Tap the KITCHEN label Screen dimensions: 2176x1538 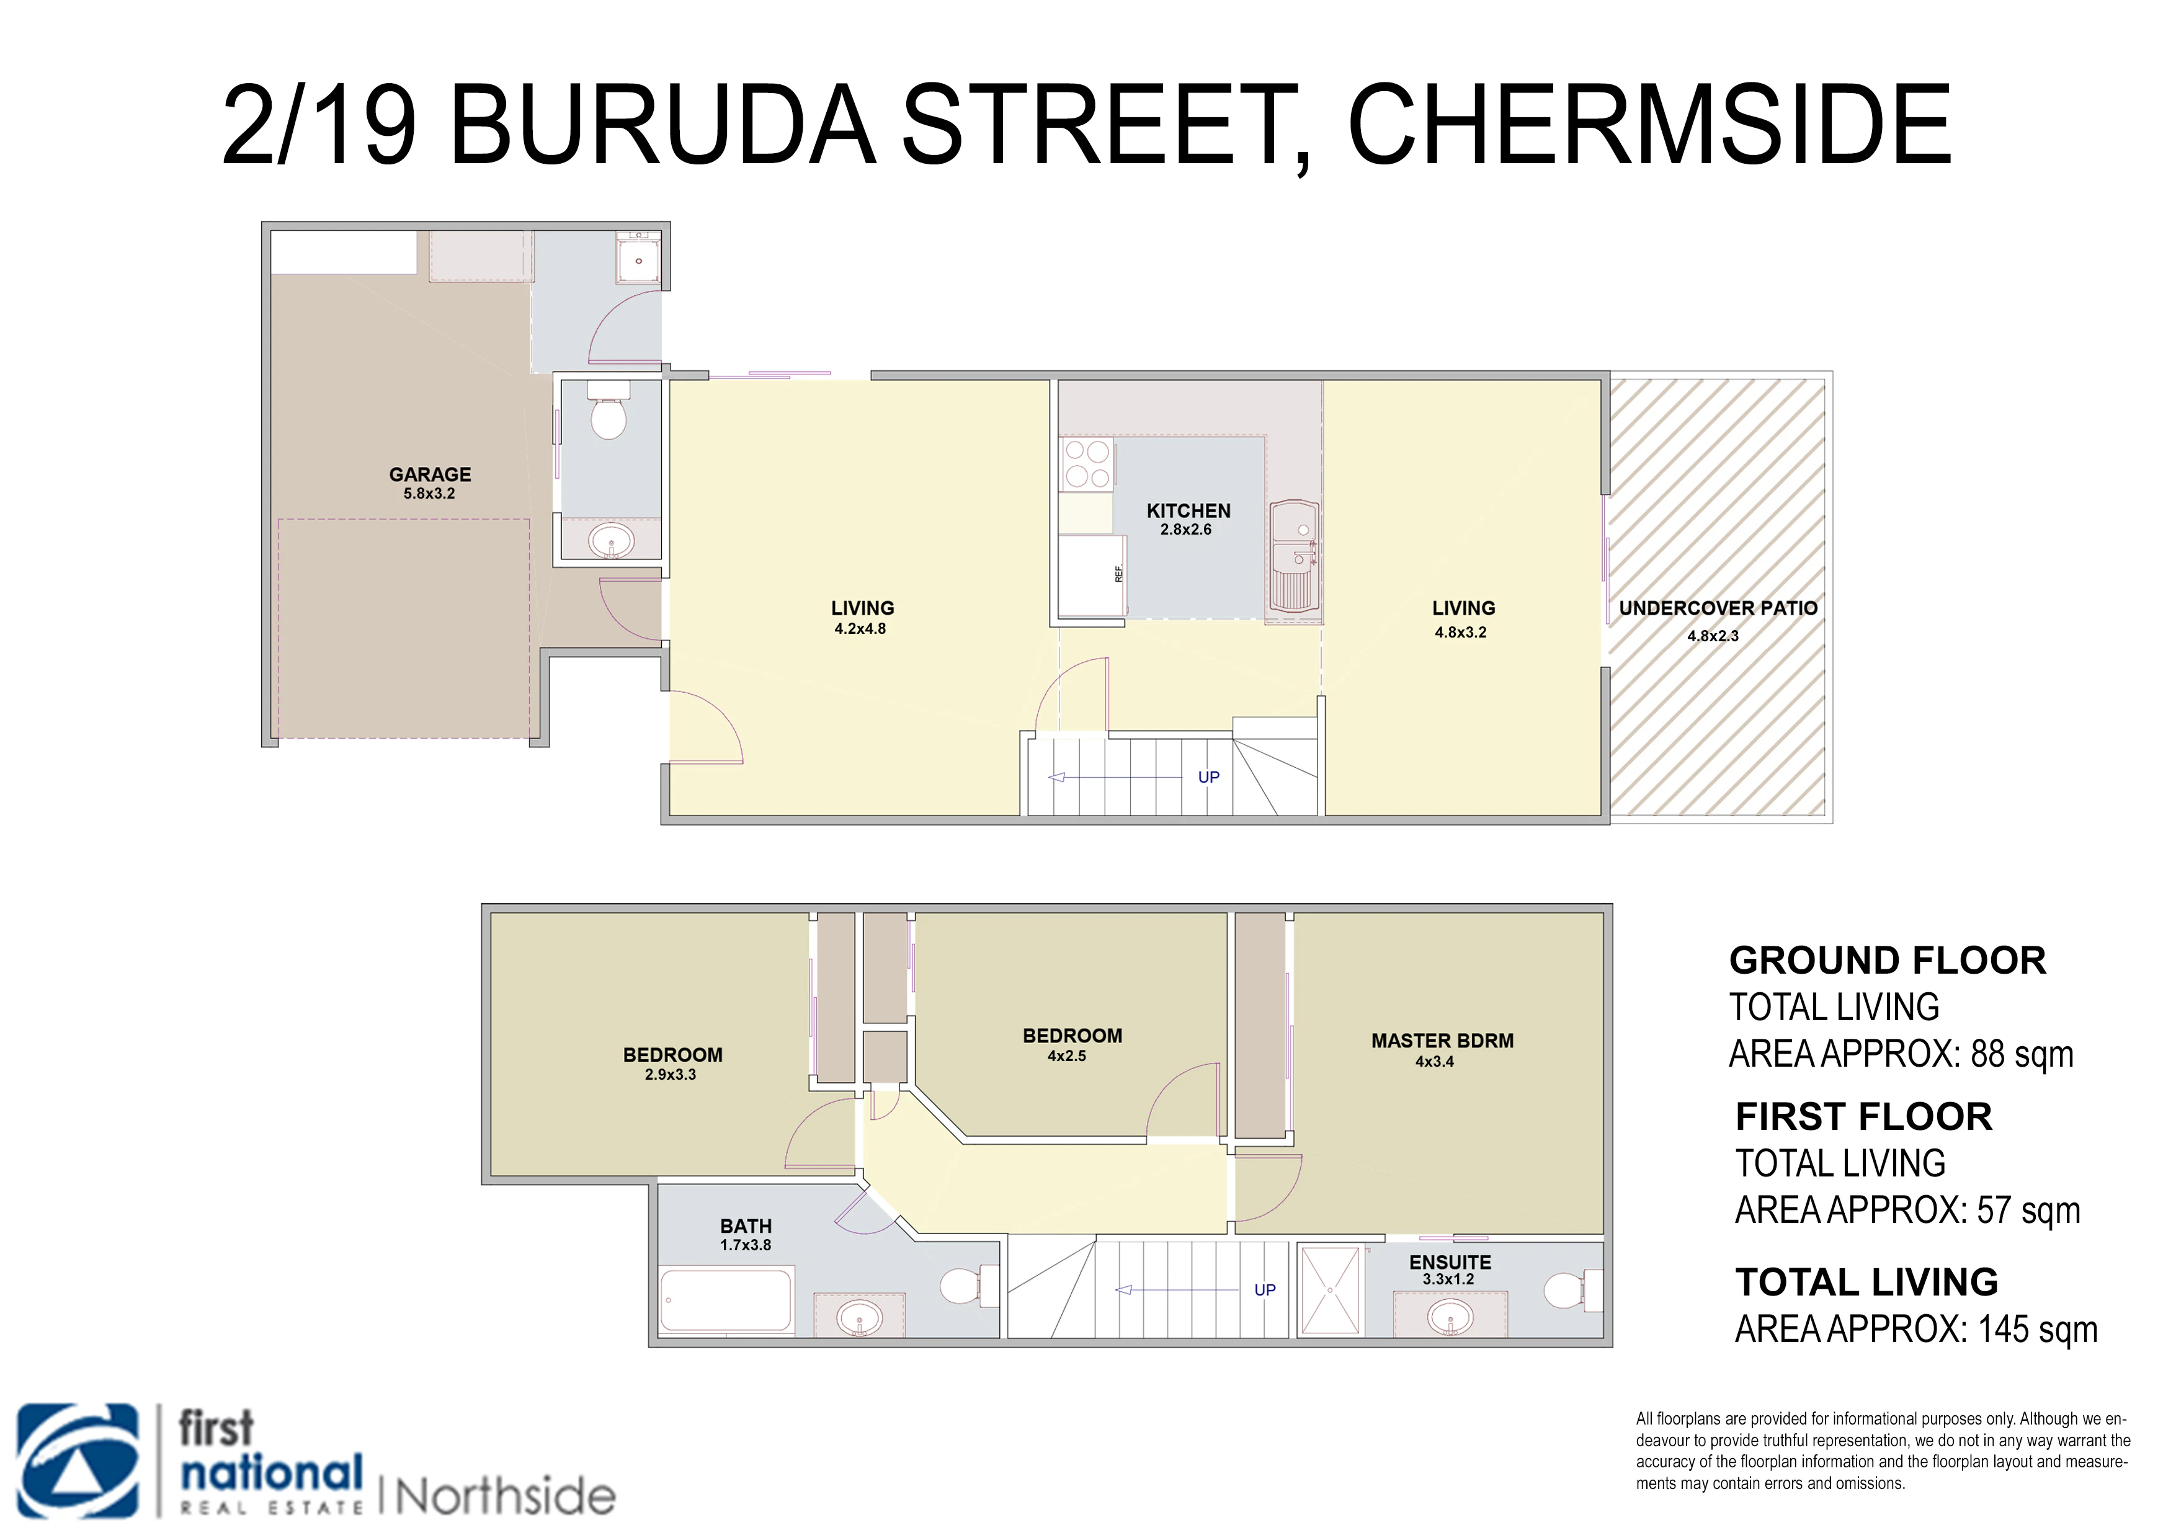[1188, 511]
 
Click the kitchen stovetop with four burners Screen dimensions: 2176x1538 [1086, 463]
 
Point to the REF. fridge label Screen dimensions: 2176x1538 [1118, 573]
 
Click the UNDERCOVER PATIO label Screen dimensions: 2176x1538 [1718, 608]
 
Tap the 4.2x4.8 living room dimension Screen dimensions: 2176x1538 [860, 628]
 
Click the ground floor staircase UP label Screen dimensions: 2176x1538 [1208, 777]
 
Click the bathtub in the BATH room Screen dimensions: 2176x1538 [726, 1300]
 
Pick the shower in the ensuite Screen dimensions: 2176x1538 [1332, 1290]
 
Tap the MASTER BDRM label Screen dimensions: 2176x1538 [1442, 1041]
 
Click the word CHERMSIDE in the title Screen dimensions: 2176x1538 [1649, 124]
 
